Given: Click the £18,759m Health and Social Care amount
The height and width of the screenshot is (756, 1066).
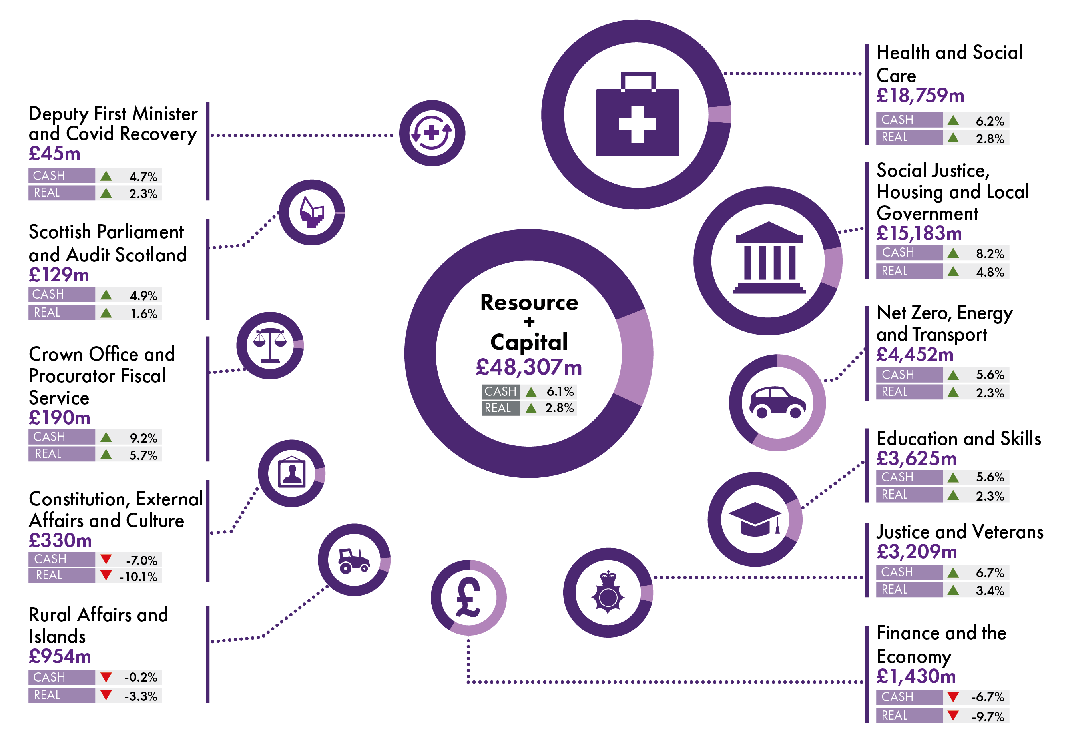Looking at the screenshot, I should (x=919, y=96).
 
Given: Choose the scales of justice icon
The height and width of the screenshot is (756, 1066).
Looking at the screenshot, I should (x=269, y=345).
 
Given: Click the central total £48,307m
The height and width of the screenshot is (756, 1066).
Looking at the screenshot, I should (x=528, y=367).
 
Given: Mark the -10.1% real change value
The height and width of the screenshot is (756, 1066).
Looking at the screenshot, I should (x=139, y=577).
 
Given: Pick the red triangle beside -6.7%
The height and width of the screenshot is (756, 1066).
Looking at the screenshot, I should (x=952, y=697).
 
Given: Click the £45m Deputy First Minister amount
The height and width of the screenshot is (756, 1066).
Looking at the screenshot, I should (x=54, y=154).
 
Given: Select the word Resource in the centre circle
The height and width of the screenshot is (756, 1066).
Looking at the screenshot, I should (x=529, y=303).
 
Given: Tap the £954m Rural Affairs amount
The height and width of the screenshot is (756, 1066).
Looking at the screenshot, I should (x=60, y=656).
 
